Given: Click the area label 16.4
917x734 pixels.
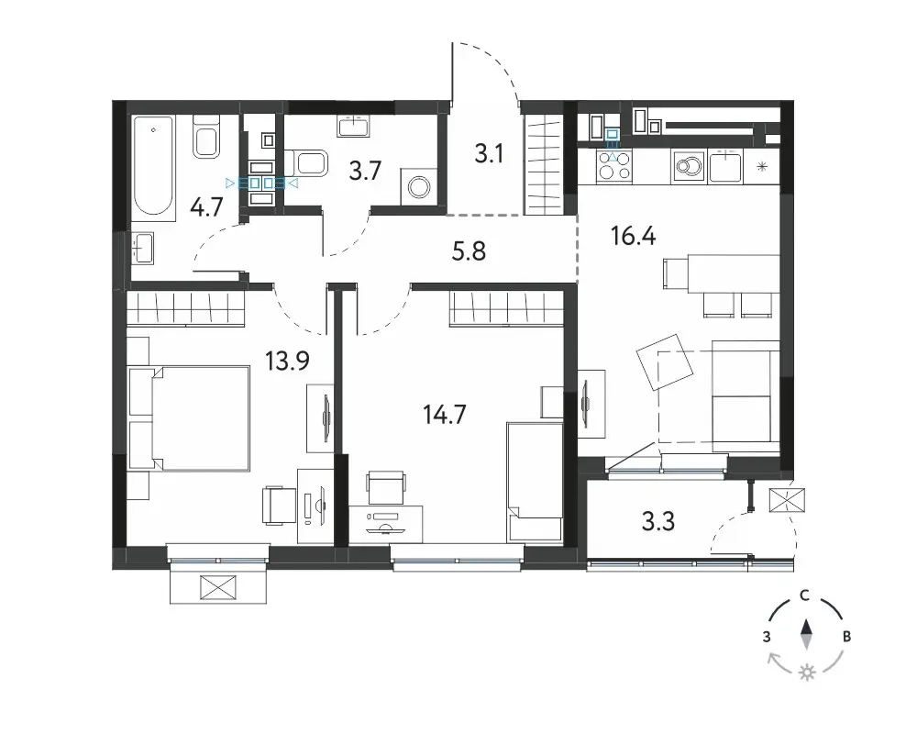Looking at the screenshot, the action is [x=634, y=236].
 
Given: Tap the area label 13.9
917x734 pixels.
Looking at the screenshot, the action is [x=287, y=361].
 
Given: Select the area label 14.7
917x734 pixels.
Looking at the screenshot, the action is [x=445, y=415].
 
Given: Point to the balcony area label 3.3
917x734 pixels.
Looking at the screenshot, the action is [x=658, y=521].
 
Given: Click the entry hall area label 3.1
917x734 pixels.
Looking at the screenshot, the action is [x=489, y=154].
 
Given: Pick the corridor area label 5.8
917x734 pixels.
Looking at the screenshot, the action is [x=469, y=251].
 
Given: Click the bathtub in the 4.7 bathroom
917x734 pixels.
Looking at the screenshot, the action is [x=153, y=168].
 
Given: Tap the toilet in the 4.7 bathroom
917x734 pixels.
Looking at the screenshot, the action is [x=206, y=137].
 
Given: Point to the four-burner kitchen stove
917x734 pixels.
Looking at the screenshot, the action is [x=613, y=165].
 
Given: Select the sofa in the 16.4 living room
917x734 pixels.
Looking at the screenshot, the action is [x=746, y=397].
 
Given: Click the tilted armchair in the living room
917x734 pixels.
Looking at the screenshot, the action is [x=664, y=362].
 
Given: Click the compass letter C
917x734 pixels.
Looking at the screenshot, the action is [x=805, y=595].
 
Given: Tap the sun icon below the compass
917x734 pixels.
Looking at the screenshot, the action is [x=808, y=672].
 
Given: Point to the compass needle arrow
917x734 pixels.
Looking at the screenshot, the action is [x=806, y=635].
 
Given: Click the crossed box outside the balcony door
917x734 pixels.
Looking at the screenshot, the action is [x=787, y=500].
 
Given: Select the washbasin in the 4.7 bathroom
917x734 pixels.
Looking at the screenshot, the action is [x=142, y=248].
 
